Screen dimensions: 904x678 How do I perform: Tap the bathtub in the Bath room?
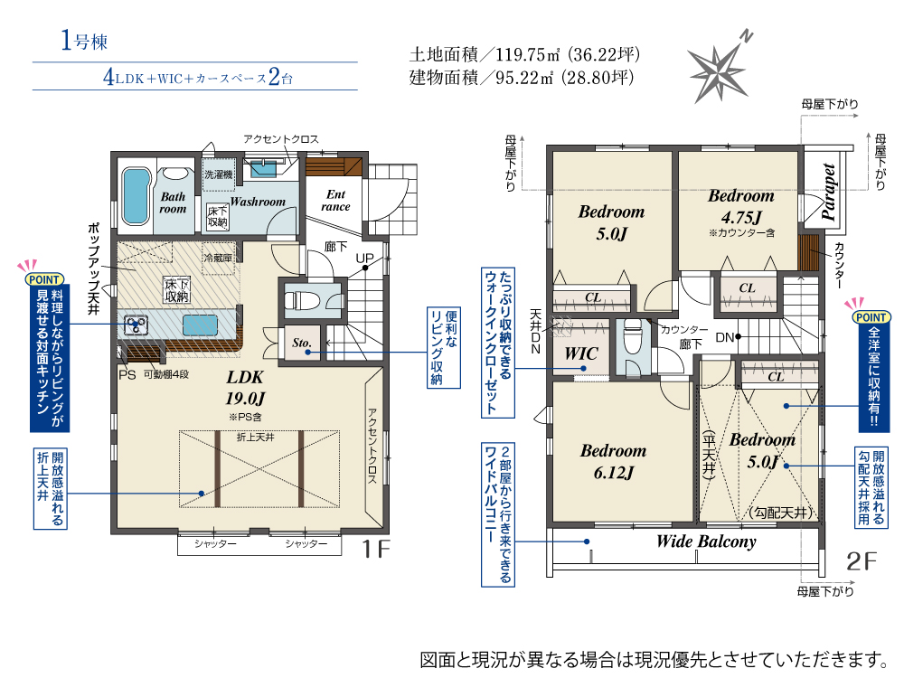click(137, 196)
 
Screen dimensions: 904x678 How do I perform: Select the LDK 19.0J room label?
click(246, 388)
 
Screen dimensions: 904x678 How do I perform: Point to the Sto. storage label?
click(302, 343)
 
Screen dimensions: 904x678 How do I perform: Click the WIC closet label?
click(581, 353)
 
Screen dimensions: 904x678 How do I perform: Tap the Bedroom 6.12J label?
click(614, 461)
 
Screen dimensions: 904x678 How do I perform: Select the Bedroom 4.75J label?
click(741, 206)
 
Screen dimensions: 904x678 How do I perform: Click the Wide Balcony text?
click(706, 541)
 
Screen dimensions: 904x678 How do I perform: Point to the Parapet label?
click(829, 192)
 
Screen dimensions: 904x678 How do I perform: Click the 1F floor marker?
click(376, 549)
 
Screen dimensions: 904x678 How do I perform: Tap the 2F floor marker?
click(862, 561)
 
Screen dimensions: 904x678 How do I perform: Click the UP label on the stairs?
click(364, 258)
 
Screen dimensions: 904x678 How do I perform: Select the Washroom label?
click(258, 202)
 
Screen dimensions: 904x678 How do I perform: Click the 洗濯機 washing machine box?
click(219, 174)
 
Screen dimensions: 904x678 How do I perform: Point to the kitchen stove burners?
click(137, 325)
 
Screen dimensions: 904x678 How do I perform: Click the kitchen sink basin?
click(200, 325)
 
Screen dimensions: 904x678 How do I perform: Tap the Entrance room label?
click(335, 201)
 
